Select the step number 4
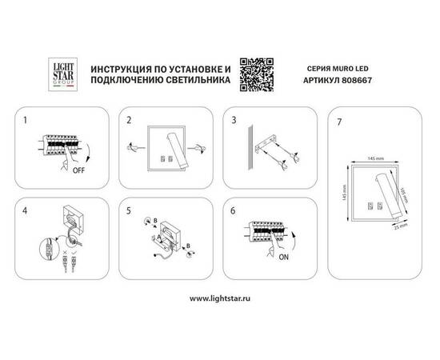click(x=26, y=210)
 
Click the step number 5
click(x=129, y=210)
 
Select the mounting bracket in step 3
click(x=267, y=147)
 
